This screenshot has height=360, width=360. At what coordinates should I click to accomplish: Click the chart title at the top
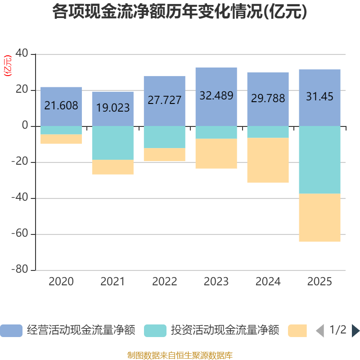click(180, 12)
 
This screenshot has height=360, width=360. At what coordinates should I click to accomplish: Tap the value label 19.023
click(112, 108)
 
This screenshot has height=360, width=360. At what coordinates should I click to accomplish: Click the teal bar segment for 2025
click(319, 160)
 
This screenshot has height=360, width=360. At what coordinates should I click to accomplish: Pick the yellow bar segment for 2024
click(268, 160)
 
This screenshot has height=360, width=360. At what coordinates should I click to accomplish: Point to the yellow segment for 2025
click(319, 217)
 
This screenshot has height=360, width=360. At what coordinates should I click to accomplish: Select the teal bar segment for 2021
click(112, 143)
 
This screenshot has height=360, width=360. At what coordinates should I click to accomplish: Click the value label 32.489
click(216, 96)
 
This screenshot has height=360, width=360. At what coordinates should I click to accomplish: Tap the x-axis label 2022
click(164, 282)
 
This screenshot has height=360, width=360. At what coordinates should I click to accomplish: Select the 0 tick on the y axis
click(25, 126)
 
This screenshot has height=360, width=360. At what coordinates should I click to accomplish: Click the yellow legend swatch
click(297, 331)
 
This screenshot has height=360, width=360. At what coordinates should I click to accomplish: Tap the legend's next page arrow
click(355, 331)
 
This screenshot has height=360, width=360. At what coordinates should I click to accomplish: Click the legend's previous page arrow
click(319, 331)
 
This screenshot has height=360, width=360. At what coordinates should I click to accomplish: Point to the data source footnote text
click(180, 355)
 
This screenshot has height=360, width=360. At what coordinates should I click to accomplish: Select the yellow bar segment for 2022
click(164, 155)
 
